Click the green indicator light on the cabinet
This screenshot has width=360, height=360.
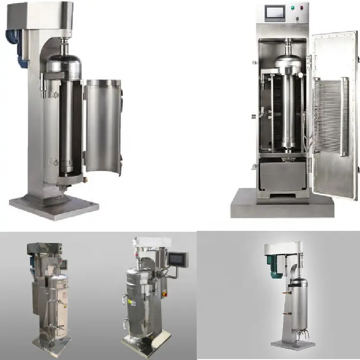pyautogui.click(x=292, y=8)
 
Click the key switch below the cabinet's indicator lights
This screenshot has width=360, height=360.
pyautogui.click(x=297, y=18)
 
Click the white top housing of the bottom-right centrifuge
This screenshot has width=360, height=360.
pyautogui.click(x=279, y=248)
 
